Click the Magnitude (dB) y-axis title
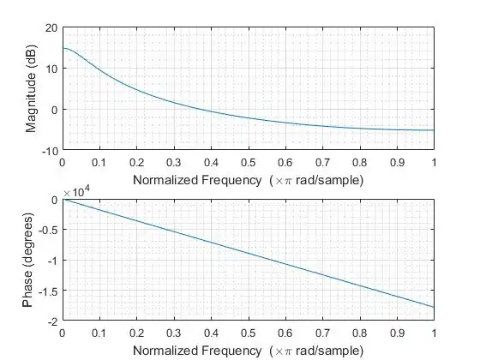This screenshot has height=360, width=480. tap(31, 89)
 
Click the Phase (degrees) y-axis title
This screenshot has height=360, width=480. tap(31, 261)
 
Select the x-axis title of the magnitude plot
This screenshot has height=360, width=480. tap(248, 180)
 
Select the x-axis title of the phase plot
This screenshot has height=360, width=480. tap(248, 351)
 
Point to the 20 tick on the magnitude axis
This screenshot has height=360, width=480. tap(51, 27)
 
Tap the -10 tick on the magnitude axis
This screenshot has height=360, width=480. tap(50, 150)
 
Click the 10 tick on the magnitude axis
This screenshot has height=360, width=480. tap(51, 69)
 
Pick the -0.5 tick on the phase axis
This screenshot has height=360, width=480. tap(47, 230)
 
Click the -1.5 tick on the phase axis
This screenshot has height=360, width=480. tap(47, 291)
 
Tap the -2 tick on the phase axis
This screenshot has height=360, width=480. tap(51, 321)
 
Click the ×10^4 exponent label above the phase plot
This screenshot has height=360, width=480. tap(75, 192)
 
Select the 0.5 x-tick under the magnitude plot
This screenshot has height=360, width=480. tap(248, 161)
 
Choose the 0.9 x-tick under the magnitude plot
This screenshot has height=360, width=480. tap(396, 161)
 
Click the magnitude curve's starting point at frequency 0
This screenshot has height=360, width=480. tap(63, 48)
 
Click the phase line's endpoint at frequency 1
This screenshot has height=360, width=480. tap(434, 307)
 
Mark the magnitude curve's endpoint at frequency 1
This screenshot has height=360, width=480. tap(434, 130)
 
